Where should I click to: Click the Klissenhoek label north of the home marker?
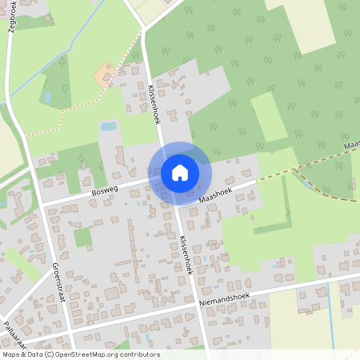tap(153, 104)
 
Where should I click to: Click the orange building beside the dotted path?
tap(105, 75)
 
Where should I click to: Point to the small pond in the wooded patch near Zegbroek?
tap(46, 97)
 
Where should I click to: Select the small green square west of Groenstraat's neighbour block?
tap(83, 237)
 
